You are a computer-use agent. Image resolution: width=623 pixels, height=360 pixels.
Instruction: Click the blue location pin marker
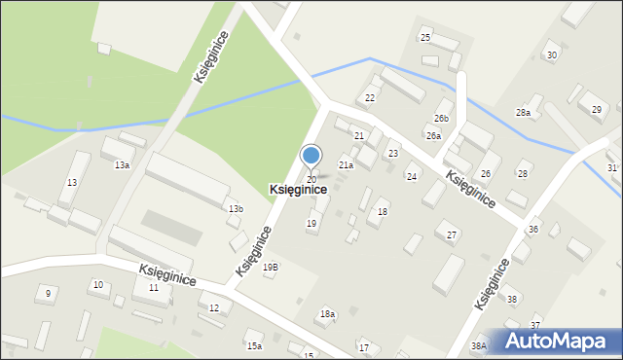311,158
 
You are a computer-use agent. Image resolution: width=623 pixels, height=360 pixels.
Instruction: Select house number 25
424,37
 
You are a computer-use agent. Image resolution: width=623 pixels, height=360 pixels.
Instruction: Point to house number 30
552,54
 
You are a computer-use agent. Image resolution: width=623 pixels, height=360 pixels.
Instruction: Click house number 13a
122,165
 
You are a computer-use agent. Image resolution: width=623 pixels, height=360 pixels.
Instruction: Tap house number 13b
236,209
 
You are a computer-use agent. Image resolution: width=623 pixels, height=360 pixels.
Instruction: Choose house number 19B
270,267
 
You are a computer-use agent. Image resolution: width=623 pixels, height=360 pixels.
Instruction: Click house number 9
48,293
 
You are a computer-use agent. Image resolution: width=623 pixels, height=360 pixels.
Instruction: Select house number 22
370,98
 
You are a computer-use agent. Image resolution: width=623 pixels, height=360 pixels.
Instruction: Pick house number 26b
441,119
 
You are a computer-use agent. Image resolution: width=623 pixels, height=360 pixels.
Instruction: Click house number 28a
523,114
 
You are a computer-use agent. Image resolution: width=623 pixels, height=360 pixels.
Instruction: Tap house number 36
533,229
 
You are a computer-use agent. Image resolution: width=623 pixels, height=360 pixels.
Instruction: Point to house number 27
452,235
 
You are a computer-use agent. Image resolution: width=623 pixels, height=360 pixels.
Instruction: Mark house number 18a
328,314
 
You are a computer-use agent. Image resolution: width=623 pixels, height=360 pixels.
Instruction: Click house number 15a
254,346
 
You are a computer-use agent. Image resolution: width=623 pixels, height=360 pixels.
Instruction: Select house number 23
393,154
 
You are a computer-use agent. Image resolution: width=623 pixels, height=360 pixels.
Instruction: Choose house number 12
214,307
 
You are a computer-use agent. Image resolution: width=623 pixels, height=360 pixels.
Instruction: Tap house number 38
512,299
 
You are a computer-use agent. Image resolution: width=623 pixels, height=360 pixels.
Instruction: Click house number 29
597,109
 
